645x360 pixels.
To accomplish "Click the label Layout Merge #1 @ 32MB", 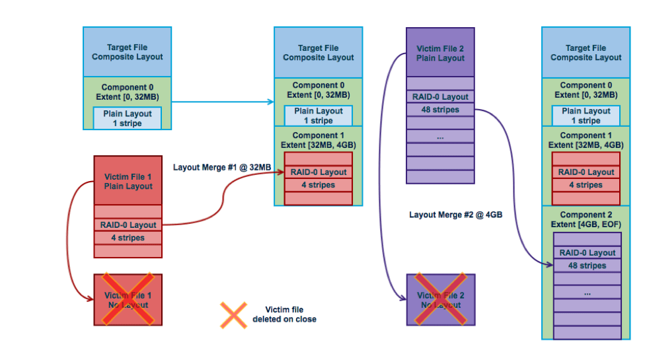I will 222,167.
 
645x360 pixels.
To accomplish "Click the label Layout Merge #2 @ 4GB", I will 457,214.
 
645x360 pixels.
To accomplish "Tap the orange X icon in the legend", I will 233,315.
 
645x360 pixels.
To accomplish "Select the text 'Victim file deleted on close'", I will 284,314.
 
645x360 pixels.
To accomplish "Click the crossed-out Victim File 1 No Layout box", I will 128,300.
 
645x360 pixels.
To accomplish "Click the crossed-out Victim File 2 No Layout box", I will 440,300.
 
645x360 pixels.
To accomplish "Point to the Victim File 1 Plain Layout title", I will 128,181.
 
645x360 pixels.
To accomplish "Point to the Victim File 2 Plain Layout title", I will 440,53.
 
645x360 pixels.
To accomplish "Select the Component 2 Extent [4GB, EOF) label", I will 586,219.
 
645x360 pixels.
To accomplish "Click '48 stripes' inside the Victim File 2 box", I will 440,110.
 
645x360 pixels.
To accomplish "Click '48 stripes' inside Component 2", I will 586,266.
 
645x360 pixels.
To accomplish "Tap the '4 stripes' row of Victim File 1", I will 128,238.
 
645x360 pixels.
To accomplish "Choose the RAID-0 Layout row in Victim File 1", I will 128,225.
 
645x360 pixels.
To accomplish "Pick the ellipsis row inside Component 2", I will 586,293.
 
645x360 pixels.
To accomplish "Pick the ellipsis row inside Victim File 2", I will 440,137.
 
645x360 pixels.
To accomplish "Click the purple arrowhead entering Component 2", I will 549,265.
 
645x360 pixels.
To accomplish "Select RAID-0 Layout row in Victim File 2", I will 440,96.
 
